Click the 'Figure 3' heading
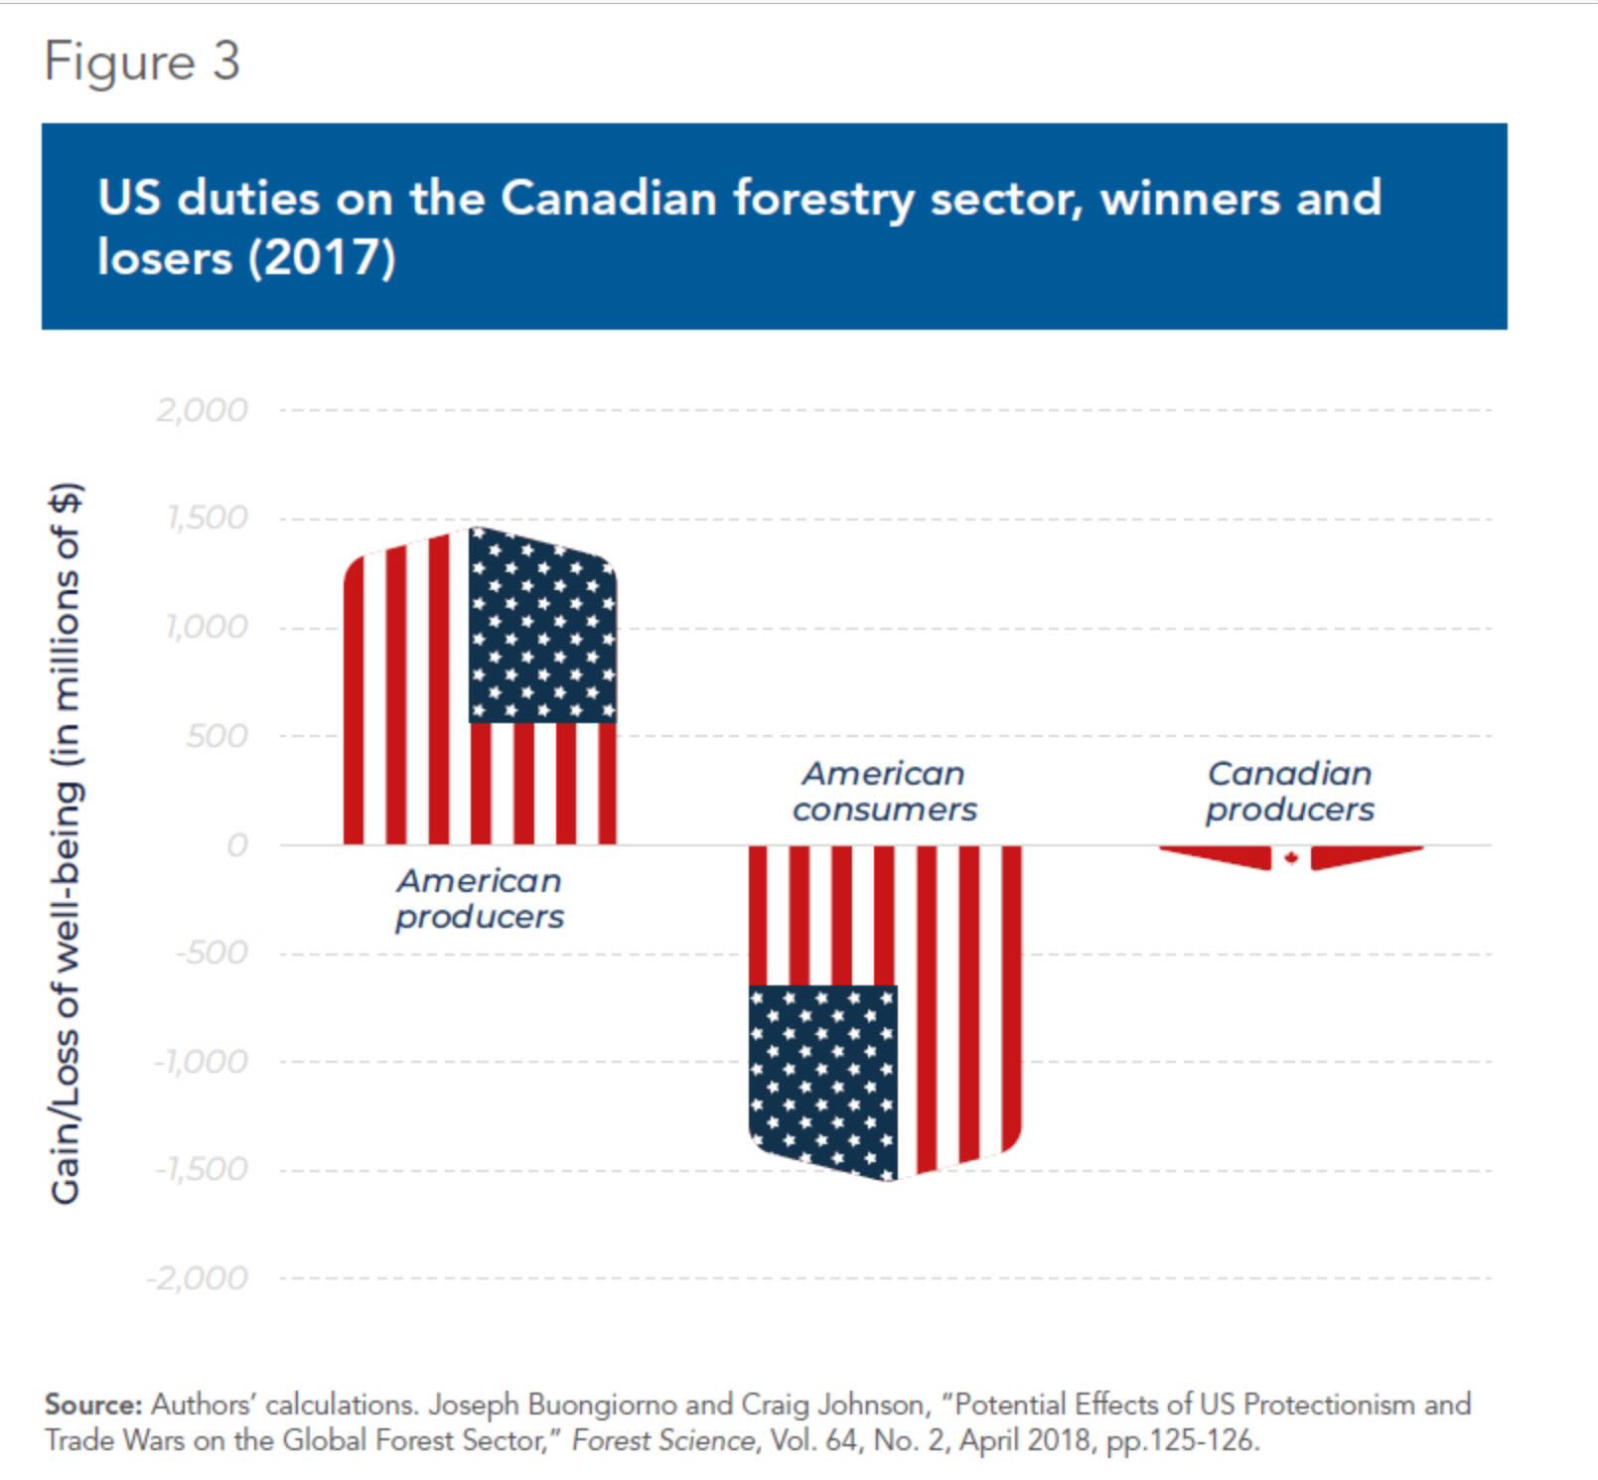[x=142, y=63]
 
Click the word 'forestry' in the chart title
[x=822, y=199]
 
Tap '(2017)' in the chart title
[x=322, y=258]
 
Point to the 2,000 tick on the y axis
[x=202, y=410]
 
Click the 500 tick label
[x=216, y=736]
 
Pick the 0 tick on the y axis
[x=236, y=845]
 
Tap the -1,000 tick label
[x=202, y=1062]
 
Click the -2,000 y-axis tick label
[x=198, y=1277]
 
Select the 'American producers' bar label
[x=480, y=898]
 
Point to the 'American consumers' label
[x=884, y=791]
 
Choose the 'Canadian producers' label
[x=1289, y=791]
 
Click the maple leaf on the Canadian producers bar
[x=1291, y=857]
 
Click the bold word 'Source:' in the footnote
[x=94, y=1405]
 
